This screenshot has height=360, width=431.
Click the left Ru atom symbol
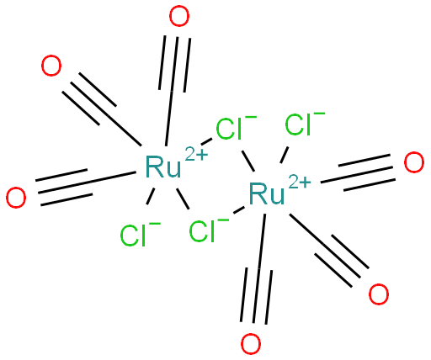[x=163, y=167]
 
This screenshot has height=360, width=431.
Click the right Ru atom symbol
[x=267, y=193]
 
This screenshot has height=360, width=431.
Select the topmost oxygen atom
[x=180, y=17]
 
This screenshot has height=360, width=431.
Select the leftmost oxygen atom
[x=16, y=198]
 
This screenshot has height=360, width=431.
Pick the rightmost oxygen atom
[x=414, y=162]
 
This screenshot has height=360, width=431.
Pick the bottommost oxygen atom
[x=251, y=344]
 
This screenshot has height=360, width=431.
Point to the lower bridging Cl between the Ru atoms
[x=202, y=231]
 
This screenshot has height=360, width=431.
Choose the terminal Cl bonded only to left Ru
[x=133, y=236]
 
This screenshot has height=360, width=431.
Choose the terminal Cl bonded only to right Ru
[x=298, y=124]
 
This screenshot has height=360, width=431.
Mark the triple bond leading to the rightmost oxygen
[x=358, y=172]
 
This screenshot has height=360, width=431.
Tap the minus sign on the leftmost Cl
[x=155, y=224]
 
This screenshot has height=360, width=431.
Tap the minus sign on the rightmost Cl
[x=320, y=113]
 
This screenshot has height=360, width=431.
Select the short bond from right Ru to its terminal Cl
[x=285, y=155]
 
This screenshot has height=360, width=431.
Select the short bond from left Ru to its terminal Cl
[x=151, y=196]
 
